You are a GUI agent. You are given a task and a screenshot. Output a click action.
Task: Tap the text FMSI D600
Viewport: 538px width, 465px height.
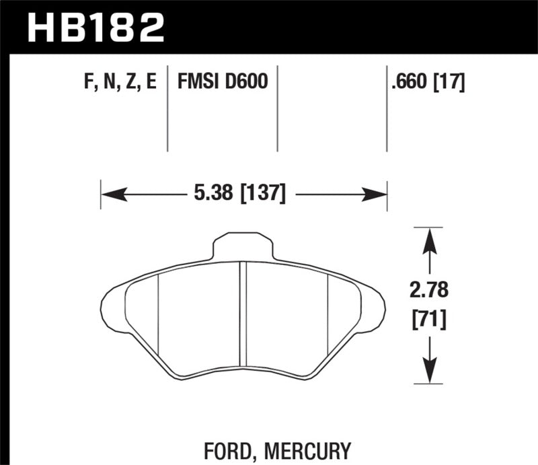pyautogui.click(x=222, y=82)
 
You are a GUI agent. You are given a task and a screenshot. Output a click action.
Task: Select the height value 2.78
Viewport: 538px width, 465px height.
pyautogui.click(x=429, y=291)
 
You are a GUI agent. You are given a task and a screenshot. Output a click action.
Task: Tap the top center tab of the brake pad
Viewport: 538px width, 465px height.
pyautogui.click(x=243, y=246)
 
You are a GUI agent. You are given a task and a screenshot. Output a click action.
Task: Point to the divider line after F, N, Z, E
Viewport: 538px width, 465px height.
pyautogui.click(x=167, y=108)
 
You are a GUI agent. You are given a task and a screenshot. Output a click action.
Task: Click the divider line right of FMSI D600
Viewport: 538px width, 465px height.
pyautogui.click(x=278, y=108)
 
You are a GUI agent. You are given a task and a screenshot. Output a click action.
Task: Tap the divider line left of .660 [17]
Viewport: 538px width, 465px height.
pyautogui.click(x=387, y=108)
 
